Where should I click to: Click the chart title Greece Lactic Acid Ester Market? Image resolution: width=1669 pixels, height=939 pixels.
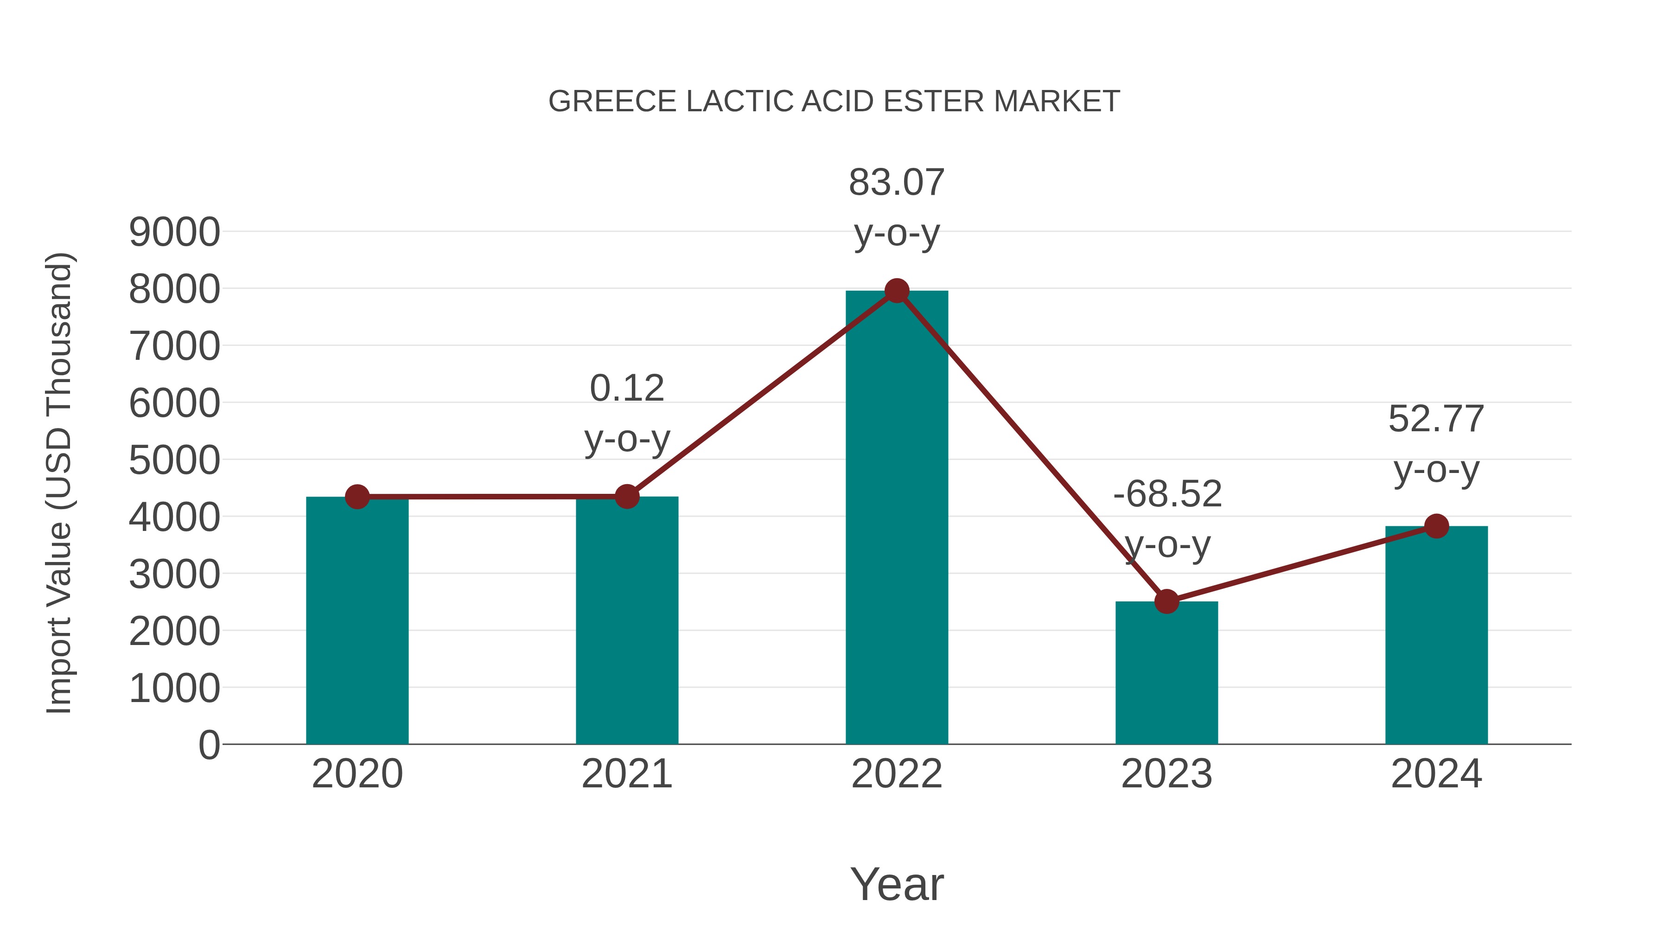[x=834, y=102]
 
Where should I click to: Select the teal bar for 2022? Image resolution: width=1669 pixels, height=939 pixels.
[x=897, y=518]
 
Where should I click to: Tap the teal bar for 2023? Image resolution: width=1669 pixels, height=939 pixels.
[x=1166, y=674]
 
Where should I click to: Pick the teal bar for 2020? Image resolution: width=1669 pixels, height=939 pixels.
[x=357, y=622]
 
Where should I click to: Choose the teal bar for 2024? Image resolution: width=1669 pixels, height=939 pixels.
[x=1436, y=635]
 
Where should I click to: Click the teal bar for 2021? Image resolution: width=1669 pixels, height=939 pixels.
[x=626, y=622]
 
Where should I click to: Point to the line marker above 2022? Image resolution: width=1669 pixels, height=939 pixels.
[x=897, y=291]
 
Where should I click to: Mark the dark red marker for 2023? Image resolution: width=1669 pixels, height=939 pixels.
[x=1166, y=601]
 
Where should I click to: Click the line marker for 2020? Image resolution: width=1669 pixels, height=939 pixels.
[x=357, y=497]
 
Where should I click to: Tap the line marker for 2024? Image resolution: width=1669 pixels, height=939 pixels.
[x=1436, y=526]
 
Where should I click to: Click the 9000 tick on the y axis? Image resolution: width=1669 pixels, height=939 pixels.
[x=174, y=232]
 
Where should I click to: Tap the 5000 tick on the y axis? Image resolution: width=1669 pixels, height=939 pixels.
[x=174, y=461]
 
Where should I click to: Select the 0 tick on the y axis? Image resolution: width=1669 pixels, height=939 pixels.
[x=209, y=745]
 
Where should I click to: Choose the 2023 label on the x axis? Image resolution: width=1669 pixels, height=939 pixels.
[x=1166, y=774]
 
